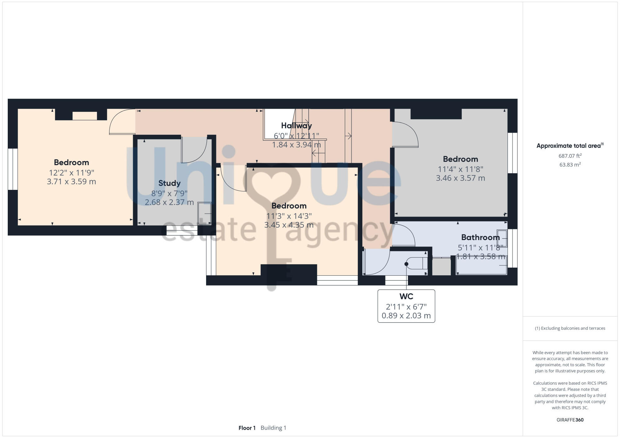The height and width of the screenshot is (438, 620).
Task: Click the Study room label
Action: point(169,183)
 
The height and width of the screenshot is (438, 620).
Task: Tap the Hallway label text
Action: point(296,125)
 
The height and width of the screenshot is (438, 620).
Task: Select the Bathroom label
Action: point(480,237)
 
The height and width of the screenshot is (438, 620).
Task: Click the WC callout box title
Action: point(406,296)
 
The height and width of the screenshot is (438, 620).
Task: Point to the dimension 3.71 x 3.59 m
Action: point(71,182)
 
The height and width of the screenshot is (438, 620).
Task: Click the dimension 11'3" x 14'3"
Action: point(289,216)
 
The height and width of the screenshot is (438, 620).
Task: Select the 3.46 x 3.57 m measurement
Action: point(460,178)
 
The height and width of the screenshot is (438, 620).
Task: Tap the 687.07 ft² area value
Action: point(570,156)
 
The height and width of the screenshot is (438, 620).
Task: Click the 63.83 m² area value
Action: point(570,165)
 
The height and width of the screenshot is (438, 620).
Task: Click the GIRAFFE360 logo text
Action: point(570,420)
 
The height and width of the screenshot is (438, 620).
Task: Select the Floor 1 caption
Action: point(247,428)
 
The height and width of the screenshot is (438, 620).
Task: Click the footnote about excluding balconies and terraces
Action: point(570,328)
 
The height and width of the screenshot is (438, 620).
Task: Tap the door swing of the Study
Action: point(195,151)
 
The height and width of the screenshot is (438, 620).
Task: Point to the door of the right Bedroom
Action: point(405,135)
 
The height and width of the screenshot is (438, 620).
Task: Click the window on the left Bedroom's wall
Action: point(12,169)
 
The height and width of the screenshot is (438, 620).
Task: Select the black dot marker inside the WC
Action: point(406,264)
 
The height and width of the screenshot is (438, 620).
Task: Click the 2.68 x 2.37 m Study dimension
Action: point(169,202)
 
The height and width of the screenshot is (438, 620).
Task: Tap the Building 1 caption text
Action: point(273,428)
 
